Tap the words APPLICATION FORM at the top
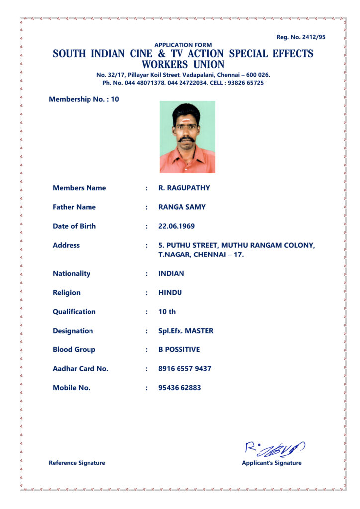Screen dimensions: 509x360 click(183, 45)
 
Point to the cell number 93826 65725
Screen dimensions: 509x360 click(245, 83)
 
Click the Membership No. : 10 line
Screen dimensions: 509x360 click(84, 99)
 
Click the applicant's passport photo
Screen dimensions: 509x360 click(187, 137)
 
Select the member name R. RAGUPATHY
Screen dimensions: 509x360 click(184, 188)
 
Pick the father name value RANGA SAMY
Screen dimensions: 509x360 click(182, 207)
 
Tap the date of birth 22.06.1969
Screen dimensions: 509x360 click(177, 226)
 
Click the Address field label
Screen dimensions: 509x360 click(66, 245)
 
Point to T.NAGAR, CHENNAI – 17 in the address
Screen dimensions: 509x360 click(201, 255)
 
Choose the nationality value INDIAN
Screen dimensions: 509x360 click(171, 273)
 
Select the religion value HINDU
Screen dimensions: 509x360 click(170, 293)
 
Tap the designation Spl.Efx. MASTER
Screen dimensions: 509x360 click(185, 331)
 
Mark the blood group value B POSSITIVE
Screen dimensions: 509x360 click(179, 349)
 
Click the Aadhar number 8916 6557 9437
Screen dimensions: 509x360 click(184, 368)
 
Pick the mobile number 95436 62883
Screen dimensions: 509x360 click(180, 387)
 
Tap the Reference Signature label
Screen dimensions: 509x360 click(77, 463)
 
